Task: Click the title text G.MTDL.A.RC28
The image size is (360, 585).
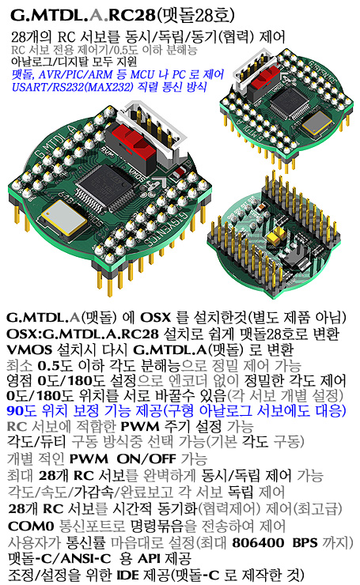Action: point(82,15)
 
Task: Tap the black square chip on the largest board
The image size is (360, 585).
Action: point(106,188)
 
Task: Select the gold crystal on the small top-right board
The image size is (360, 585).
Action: point(316,123)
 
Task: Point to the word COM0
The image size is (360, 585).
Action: point(31,526)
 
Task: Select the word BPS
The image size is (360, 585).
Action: point(305,542)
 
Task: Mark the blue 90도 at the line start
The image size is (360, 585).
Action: point(21,411)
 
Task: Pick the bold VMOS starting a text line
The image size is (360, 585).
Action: point(29,349)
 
